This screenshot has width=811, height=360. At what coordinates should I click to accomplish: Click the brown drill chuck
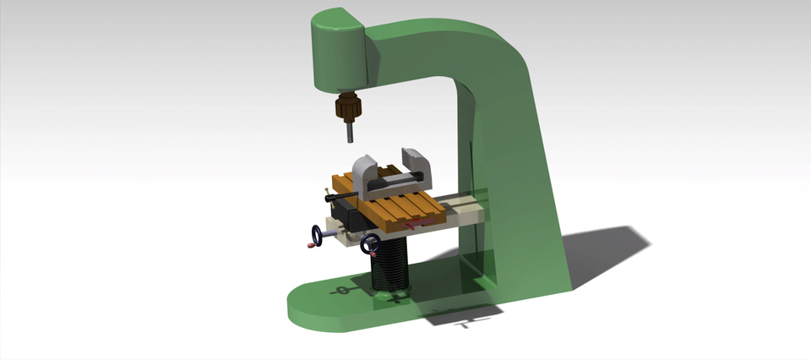[x=346, y=108]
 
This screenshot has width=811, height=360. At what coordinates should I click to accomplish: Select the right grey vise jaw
[x=420, y=166]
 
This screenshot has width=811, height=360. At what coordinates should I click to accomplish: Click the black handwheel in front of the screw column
[x=368, y=244]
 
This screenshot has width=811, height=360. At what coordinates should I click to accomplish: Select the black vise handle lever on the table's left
[x=340, y=199]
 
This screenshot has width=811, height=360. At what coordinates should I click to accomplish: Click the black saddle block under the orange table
[x=351, y=221]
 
